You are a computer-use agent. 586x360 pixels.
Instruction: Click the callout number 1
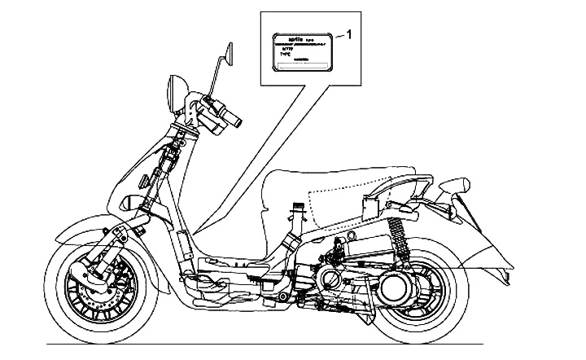click(349, 33)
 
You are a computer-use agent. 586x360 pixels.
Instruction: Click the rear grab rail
click(407, 183)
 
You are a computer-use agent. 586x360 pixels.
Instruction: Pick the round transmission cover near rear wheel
click(400, 285)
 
